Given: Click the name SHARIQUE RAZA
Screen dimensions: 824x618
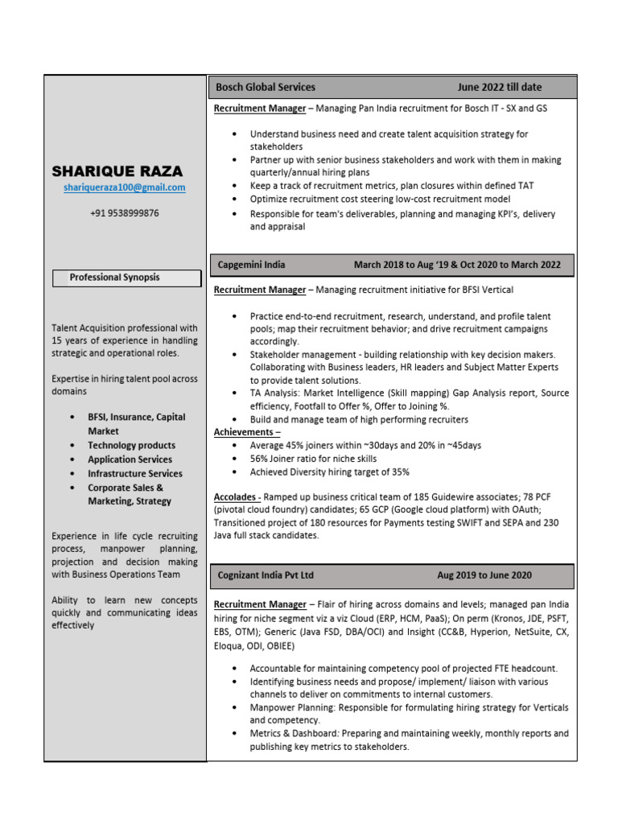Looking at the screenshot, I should click(117, 171).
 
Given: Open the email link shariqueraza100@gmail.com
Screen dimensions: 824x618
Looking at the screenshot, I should click(125, 187).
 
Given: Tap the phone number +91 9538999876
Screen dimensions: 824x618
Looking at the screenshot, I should click(124, 213).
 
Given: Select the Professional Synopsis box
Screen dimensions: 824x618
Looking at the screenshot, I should click(126, 278).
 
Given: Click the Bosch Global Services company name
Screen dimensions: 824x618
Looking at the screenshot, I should click(266, 87).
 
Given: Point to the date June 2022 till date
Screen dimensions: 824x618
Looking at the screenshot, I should click(500, 87).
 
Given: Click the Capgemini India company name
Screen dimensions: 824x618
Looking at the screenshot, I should click(251, 265).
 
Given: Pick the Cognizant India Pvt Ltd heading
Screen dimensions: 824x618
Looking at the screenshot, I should click(266, 575).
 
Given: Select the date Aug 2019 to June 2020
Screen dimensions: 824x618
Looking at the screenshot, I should click(484, 575).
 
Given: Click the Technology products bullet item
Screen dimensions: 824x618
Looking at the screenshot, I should click(131, 445).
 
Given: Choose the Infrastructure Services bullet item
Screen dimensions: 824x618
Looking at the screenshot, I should click(135, 473).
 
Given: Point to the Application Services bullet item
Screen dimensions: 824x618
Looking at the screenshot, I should click(130, 459).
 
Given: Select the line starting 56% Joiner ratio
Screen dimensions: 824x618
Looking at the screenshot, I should click(313, 459).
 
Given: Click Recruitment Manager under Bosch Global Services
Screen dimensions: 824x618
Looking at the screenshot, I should click(260, 108).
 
